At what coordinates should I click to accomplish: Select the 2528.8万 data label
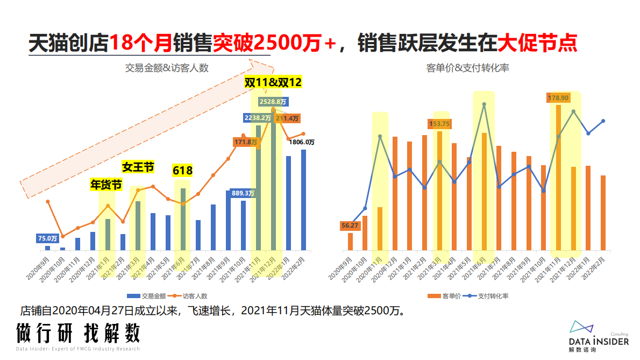(273, 101)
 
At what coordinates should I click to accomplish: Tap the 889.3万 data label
(243, 193)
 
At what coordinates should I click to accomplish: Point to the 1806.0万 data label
(302, 142)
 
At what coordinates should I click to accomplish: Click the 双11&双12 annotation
(273, 82)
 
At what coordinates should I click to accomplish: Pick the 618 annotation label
(182, 171)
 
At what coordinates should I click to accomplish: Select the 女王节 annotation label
(138, 167)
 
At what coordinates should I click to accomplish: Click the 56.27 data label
(350, 226)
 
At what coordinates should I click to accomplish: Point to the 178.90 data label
(558, 97)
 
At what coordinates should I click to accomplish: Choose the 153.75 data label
(440, 124)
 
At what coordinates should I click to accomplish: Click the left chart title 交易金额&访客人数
(167, 68)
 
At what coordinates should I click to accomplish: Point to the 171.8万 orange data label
(246, 142)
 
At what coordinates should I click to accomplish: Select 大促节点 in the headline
(537, 43)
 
